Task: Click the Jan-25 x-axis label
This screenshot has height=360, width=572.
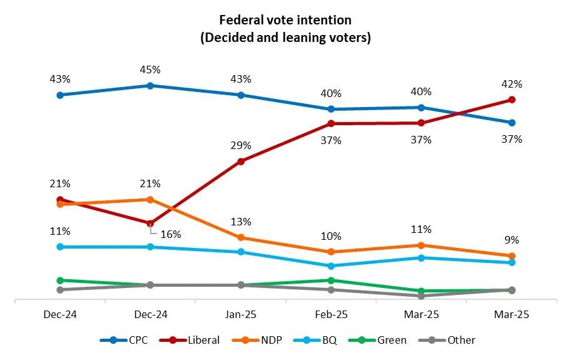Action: (x=241, y=315)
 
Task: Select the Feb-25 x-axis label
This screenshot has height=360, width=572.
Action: (x=331, y=315)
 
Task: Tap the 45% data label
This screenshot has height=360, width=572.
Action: (x=151, y=69)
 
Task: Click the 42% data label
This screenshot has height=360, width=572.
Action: (x=512, y=84)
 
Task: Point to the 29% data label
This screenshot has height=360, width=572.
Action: (x=241, y=145)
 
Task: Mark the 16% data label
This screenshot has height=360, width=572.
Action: (x=171, y=234)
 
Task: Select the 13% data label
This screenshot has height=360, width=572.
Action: (x=241, y=222)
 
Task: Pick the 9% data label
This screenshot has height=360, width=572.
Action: (x=512, y=240)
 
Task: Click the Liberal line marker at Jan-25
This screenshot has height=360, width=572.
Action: (x=241, y=161)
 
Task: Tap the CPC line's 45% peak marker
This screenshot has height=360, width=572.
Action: (x=150, y=85)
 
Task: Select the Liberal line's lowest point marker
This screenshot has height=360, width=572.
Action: (x=150, y=224)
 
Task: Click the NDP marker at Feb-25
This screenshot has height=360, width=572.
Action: (x=331, y=252)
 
